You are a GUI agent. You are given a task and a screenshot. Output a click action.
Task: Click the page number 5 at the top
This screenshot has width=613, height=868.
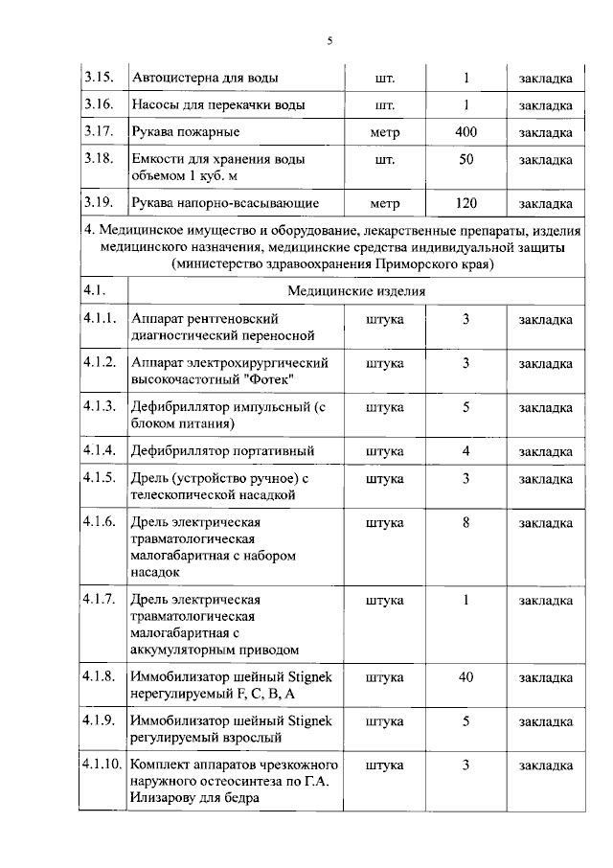pos(329,40)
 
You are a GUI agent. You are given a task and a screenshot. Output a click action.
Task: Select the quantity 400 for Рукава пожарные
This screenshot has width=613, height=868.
pos(465,131)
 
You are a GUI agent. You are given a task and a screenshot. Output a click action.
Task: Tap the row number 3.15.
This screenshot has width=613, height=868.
pos(99,78)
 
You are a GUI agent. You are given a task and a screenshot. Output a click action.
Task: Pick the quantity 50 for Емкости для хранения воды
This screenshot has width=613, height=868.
pos(465,160)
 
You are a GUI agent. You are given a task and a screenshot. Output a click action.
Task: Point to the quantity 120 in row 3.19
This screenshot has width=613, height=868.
pos(465,203)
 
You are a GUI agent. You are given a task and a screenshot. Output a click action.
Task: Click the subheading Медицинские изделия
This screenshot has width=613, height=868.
pos(355,290)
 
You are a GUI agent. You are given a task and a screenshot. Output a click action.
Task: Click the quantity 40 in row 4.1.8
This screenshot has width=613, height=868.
pos(465,676)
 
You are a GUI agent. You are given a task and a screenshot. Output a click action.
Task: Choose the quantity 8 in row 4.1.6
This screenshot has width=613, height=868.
pos(465,522)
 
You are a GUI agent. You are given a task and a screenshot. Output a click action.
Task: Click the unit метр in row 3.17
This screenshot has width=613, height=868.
pos(385,131)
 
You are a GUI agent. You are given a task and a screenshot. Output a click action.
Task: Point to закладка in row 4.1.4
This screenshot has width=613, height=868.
pos(546,451)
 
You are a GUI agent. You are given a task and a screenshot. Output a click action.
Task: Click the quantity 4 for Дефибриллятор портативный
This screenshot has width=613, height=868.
pos(465,450)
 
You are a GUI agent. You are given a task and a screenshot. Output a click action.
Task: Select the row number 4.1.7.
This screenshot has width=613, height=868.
pos(100,600)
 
